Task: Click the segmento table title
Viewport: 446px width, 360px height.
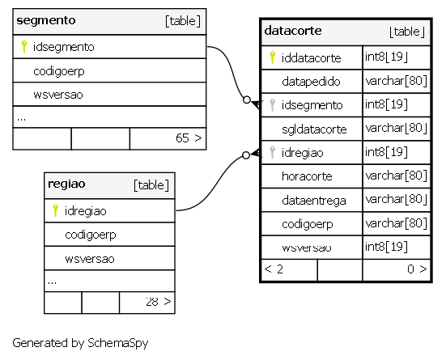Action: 46,20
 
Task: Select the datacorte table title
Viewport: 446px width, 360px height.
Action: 293,31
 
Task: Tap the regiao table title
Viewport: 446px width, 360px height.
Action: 66,184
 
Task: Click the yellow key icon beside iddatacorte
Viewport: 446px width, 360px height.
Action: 272,57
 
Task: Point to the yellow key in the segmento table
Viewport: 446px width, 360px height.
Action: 24,47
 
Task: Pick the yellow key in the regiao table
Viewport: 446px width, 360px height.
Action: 56,210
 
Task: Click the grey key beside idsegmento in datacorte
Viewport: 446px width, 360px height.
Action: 272,105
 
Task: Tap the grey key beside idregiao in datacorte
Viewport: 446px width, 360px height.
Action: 272,152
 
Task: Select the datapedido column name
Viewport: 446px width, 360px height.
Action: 311,82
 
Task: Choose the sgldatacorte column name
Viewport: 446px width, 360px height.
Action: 314,129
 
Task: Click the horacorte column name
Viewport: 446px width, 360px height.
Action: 307,176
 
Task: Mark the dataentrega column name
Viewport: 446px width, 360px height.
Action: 314,201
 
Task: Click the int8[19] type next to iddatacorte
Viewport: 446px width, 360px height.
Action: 387,57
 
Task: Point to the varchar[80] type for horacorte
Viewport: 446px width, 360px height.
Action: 397,176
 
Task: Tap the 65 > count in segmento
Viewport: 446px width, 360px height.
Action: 189,138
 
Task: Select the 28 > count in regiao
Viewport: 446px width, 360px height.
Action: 159,302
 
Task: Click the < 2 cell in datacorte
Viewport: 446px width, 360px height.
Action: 274,269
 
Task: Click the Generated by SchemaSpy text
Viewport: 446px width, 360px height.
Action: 80,343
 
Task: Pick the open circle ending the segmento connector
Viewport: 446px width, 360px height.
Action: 247,100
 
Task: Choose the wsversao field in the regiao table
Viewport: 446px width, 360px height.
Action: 90,259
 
